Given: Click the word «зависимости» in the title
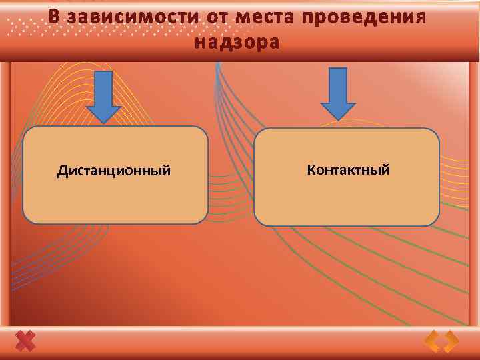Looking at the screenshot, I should coord(130,17).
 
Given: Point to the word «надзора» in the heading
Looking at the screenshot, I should coord(237,43).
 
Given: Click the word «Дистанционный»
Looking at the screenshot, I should coord(114,171).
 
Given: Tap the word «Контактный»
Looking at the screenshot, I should coord(348,169).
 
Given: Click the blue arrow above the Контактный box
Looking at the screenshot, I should coord(338,93).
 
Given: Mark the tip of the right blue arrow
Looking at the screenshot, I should coord(338,120).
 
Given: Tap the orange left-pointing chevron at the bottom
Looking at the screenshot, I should coord(433,341).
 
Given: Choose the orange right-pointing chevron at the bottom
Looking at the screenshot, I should coord(451,341).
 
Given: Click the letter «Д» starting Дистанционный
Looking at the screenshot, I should coord(62,171).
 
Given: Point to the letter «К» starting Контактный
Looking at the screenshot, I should coord(311,169).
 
